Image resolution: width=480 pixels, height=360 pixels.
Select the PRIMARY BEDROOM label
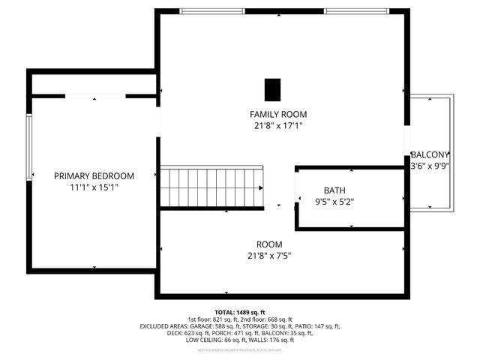point(94,175)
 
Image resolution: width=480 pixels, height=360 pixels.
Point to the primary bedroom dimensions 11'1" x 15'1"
point(94,187)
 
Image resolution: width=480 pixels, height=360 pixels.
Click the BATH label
point(334,190)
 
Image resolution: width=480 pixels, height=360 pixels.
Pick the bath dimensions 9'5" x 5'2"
point(334,202)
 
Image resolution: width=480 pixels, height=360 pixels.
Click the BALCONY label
point(429,154)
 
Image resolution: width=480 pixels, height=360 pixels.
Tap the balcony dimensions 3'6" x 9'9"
point(429,166)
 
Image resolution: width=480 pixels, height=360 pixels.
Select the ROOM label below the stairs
point(269,244)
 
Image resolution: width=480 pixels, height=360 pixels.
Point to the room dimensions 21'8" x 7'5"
point(269,256)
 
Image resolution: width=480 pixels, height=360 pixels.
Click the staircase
point(213,187)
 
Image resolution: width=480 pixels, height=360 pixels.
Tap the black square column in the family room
point(271,88)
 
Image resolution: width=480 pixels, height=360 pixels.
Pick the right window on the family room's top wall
point(355,11)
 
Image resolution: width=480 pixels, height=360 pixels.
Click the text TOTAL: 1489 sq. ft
point(239,311)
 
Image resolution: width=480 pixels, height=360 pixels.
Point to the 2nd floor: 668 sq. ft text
point(266,319)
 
